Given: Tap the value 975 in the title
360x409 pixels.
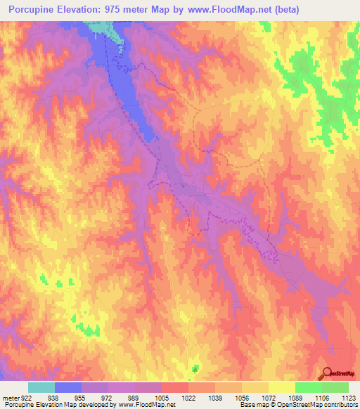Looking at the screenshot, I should coord(124,11).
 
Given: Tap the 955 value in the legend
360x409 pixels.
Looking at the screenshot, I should coord(81,397).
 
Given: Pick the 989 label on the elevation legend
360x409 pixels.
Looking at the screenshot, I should coord(134,397).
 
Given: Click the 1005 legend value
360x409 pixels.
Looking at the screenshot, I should coord(162,397).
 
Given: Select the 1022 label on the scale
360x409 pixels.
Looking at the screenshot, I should coord(188,397).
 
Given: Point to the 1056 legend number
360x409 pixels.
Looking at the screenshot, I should coord(242,397).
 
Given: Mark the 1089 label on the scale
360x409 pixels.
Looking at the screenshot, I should coord(295,397).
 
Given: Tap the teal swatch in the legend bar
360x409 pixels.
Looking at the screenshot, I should coord(41,387).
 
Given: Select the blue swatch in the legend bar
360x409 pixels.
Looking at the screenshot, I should coord(68,387).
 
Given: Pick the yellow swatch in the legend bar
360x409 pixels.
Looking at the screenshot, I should coord(282,387).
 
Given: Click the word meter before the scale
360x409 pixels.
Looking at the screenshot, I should coord(10,397).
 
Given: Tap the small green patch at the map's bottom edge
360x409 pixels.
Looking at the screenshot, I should coord(195,368).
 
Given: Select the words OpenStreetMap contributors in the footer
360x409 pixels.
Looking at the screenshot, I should coord(319,405).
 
